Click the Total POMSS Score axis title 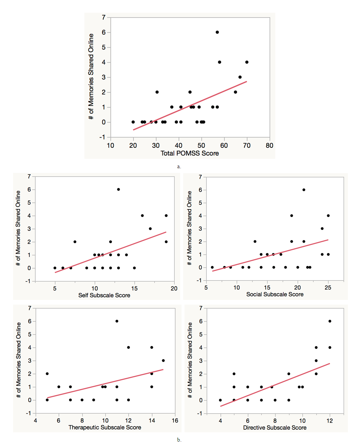[190, 153]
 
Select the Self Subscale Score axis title [104, 295]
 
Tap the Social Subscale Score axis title [275, 294]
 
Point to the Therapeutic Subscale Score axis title [104, 427]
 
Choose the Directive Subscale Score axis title [275, 428]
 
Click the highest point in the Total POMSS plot [217, 32]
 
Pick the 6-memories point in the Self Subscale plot [119, 189]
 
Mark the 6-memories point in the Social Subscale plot [304, 190]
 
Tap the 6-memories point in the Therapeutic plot [117, 321]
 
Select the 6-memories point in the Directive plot [330, 321]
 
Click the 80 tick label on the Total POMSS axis [269, 145]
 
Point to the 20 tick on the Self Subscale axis [174, 289]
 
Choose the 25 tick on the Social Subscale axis [328, 288]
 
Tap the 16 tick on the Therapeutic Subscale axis [175, 421]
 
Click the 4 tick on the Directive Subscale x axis [220, 421]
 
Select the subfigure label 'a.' [179, 167]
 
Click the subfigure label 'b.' [179, 440]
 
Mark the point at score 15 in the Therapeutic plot [163, 361]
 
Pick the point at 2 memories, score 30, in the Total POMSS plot [157, 92]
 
